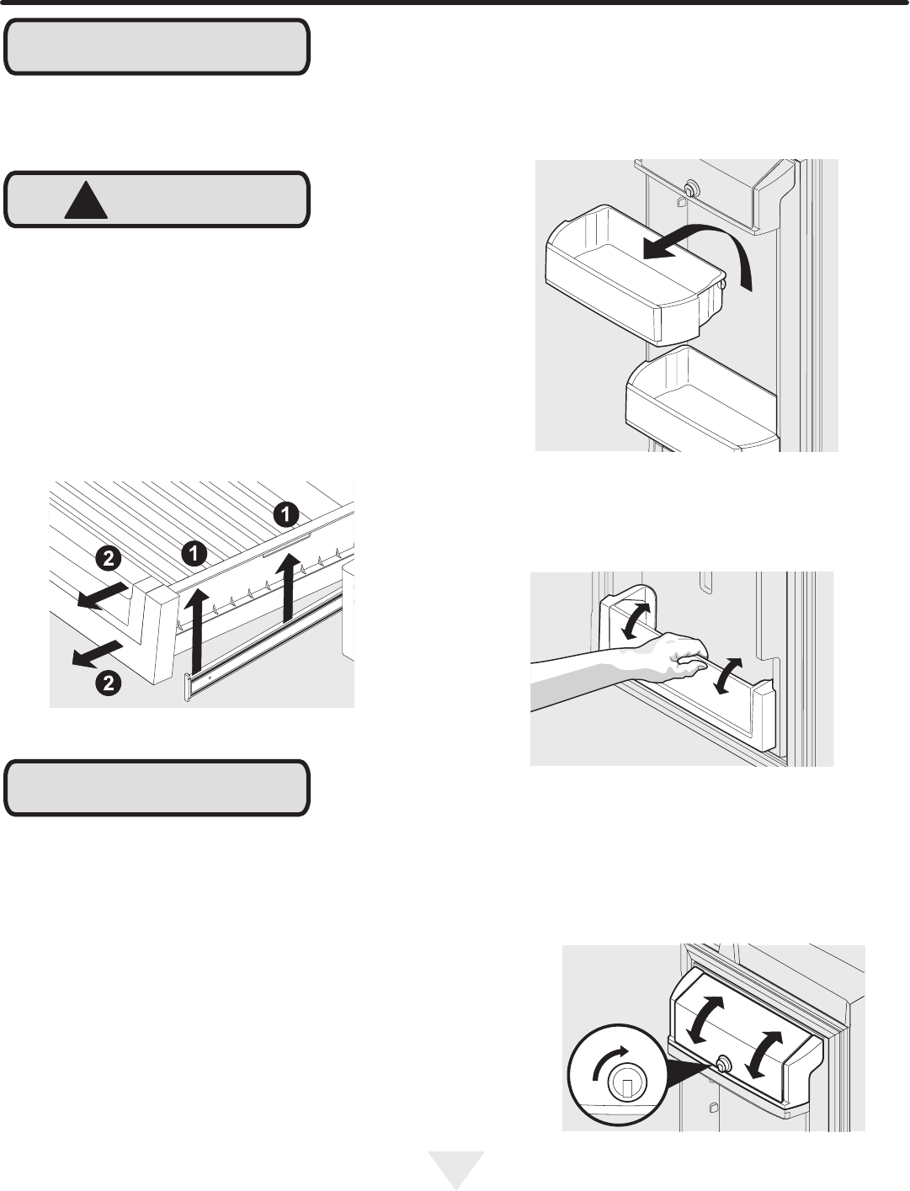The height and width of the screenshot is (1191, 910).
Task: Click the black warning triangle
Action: coord(86,202)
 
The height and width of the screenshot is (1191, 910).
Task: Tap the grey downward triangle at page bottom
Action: coord(455,1167)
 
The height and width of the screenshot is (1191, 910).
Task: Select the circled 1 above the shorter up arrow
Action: coord(286,513)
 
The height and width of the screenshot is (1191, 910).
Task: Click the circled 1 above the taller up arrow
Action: coord(194,554)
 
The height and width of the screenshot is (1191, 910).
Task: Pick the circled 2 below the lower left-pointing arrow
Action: coord(109,683)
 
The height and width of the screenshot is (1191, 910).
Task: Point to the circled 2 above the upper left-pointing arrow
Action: coord(109,558)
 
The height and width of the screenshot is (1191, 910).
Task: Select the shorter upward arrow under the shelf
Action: coord(288,587)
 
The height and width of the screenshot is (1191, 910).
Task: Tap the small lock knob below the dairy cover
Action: coord(722,1065)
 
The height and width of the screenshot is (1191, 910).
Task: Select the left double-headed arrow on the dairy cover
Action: coord(705,1020)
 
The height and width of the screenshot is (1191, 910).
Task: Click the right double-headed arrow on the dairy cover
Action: coord(764,1055)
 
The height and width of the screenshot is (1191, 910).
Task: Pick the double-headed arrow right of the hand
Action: coord(727,676)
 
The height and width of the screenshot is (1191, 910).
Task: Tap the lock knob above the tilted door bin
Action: coord(691,189)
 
